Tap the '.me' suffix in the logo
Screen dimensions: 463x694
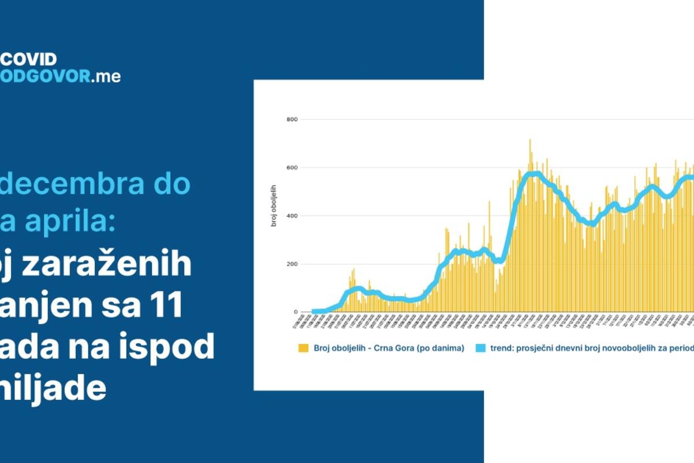(107, 76)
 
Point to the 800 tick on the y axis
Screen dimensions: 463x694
(291, 120)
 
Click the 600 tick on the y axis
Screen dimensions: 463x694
(291, 168)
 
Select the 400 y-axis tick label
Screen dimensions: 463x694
(291, 216)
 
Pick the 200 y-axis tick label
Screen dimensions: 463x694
(291, 264)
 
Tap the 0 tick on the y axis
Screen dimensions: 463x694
(295, 313)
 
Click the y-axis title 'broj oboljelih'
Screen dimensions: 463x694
(274, 205)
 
